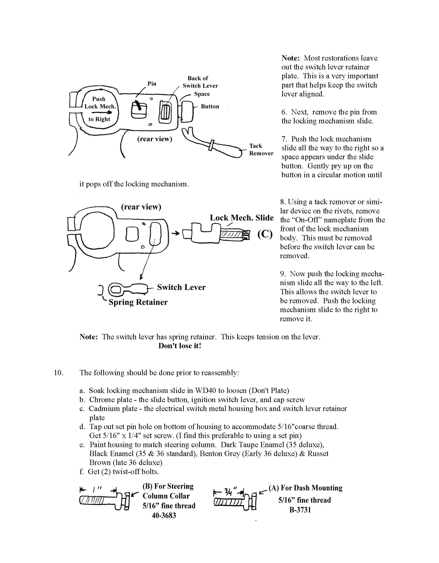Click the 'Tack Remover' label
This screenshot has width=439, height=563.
pyautogui.click(x=261, y=149)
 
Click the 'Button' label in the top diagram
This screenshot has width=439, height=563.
pyautogui.click(x=210, y=106)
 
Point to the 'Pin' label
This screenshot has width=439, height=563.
pyautogui.click(x=152, y=84)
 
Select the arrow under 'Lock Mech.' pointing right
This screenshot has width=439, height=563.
pyautogui.click(x=101, y=113)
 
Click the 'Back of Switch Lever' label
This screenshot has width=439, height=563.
pyautogui.click(x=200, y=82)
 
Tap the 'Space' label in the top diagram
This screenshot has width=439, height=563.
pyautogui.click(x=202, y=94)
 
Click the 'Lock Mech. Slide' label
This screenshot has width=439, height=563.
pyautogui.click(x=242, y=218)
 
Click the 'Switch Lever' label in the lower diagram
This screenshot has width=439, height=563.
pyautogui.click(x=181, y=287)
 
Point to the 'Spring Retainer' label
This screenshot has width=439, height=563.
pyautogui.click(x=138, y=302)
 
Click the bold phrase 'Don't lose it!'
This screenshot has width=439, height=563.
pyautogui.click(x=180, y=346)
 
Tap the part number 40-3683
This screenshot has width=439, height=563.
pyautogui.click(x=164, y=515)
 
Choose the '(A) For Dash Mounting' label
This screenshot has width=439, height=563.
pyautogui.click(x=306, y=488)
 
